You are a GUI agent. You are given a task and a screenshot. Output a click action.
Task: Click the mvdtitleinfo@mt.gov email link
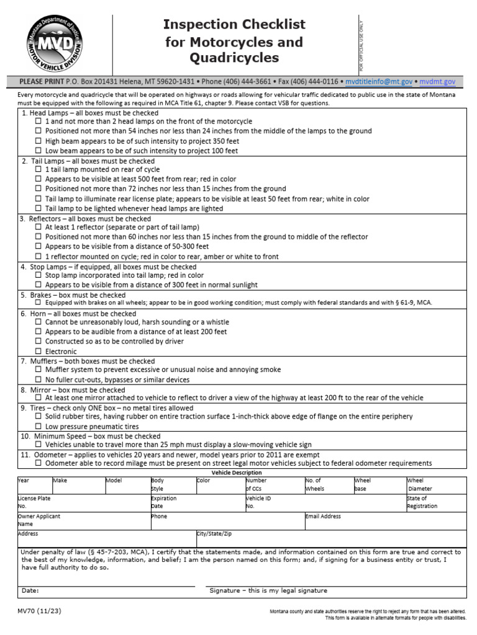click(x=379, y=81)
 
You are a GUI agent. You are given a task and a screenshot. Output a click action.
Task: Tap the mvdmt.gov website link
click(x=438, y=81)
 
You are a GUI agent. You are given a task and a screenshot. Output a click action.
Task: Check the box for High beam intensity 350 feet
click(x=39, y=141)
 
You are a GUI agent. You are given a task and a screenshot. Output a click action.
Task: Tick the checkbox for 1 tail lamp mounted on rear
click(x=39, y=169)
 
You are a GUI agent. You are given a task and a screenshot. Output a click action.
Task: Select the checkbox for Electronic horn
click(x=39, y=351)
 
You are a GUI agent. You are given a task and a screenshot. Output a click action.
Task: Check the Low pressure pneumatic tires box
click(x=39, y=427)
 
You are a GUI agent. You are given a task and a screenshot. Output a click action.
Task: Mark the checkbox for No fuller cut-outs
click(x=39, y=380)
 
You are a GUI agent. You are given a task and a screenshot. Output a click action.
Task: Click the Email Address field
click(x=385, y=521)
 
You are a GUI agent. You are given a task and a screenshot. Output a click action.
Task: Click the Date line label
click(x=30, y=590)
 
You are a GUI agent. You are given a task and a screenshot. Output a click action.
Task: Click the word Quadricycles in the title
click(x=234, y=58)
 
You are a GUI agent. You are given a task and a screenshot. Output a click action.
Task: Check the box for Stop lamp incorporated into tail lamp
click(x=39, y=275)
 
